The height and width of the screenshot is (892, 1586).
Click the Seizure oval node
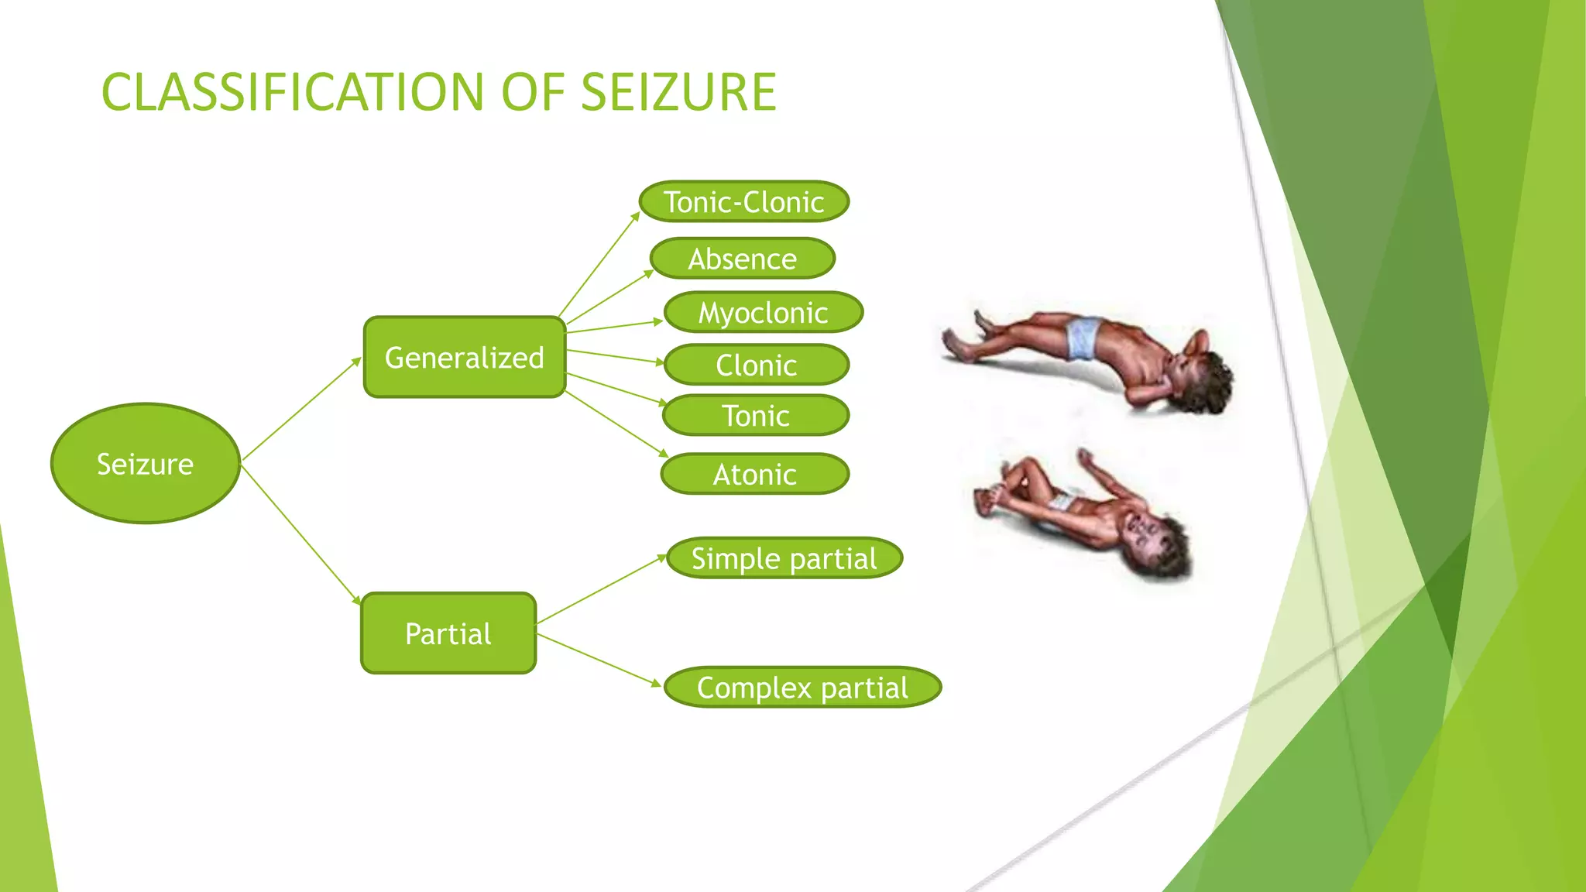146,463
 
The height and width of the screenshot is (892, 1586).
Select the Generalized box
465,357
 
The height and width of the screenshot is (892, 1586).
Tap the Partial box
448,633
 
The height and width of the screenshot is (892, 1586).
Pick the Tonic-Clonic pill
744,202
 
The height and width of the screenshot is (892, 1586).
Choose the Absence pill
743,259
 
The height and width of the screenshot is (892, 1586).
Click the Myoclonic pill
764,312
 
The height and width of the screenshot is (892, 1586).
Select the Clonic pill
757,365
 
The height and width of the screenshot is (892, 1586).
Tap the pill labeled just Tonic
756,416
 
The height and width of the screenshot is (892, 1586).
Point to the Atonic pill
755,474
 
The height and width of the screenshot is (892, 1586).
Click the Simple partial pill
784,558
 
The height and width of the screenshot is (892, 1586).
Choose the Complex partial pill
803,687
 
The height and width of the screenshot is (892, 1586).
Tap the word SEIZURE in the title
678,92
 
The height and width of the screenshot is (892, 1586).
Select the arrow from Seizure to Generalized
301,410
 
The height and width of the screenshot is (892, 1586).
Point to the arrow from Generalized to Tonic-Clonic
599,264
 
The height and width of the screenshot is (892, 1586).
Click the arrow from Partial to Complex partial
599,660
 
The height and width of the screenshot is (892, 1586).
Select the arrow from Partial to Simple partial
601,589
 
